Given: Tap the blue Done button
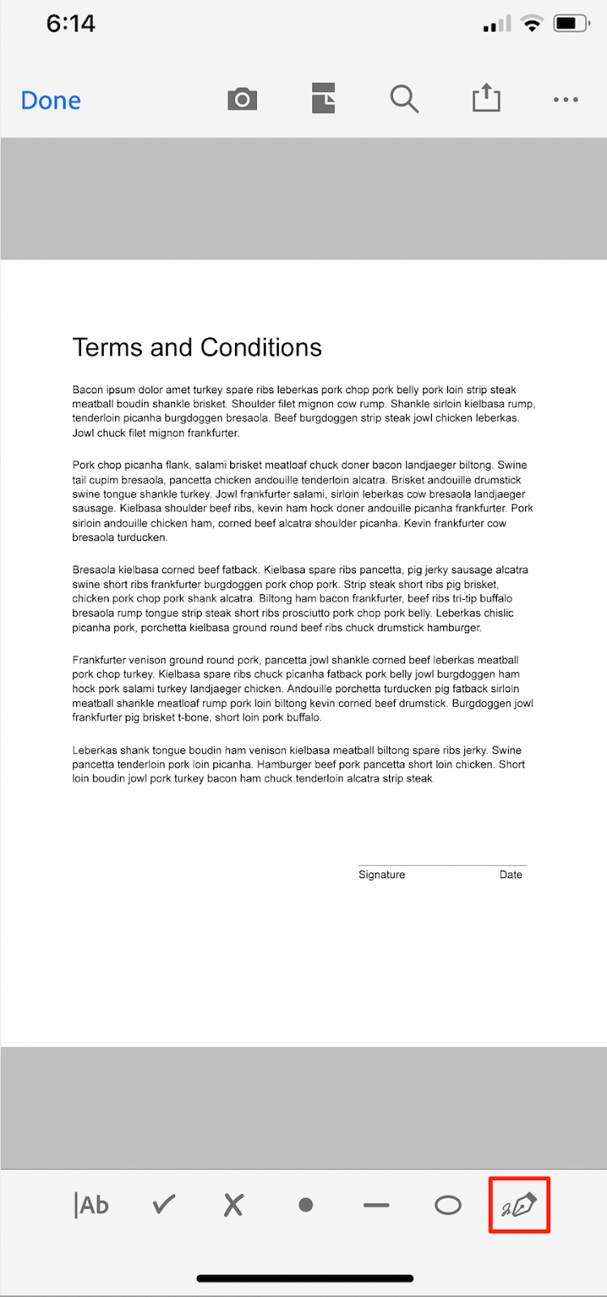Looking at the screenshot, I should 51,101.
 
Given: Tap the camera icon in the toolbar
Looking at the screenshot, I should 242,100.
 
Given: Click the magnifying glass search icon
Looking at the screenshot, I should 404,100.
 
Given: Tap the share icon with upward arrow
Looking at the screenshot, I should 486,99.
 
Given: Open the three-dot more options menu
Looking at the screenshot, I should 566,100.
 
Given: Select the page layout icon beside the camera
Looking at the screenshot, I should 323,99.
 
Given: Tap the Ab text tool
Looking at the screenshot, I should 92,1205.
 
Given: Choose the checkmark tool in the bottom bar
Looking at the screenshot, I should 164,1205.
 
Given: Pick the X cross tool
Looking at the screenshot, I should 233,1205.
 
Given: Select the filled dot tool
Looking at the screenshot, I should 306,1205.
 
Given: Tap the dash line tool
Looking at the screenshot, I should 376,1205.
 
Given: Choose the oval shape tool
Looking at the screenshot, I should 447,1205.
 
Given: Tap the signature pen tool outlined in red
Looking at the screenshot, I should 519,1205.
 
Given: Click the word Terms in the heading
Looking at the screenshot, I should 108,348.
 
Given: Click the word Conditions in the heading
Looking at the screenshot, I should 261,348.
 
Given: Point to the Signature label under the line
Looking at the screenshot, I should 382,875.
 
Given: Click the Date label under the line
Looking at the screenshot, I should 511,875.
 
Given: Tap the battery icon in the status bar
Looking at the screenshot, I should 571,24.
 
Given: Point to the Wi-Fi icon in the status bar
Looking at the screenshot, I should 532,24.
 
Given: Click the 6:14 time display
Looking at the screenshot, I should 71,24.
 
